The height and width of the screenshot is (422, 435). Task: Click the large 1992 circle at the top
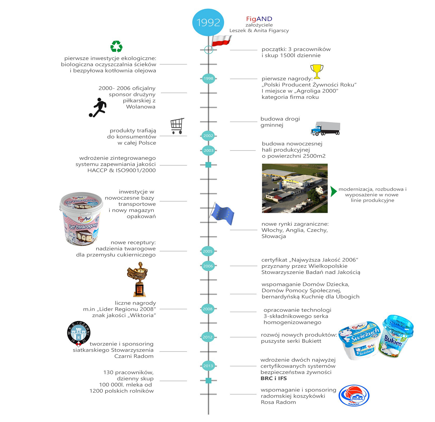208,22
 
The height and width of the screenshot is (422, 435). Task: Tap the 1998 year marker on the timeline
208,79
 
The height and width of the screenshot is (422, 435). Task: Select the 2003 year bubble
208,150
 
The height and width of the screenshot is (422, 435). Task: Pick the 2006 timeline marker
208,266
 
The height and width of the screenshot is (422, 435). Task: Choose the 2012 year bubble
207,337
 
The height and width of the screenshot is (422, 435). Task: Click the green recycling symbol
116,46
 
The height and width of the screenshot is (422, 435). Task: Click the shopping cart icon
177,126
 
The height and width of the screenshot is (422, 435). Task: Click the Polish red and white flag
221,41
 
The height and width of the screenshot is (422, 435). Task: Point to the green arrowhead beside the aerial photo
333,191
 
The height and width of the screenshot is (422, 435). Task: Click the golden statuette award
138,279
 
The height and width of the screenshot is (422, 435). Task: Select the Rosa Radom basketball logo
354,396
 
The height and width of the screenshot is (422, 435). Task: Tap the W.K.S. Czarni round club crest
79,333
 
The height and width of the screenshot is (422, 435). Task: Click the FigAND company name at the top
259,19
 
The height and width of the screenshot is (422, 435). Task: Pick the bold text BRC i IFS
274,378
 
